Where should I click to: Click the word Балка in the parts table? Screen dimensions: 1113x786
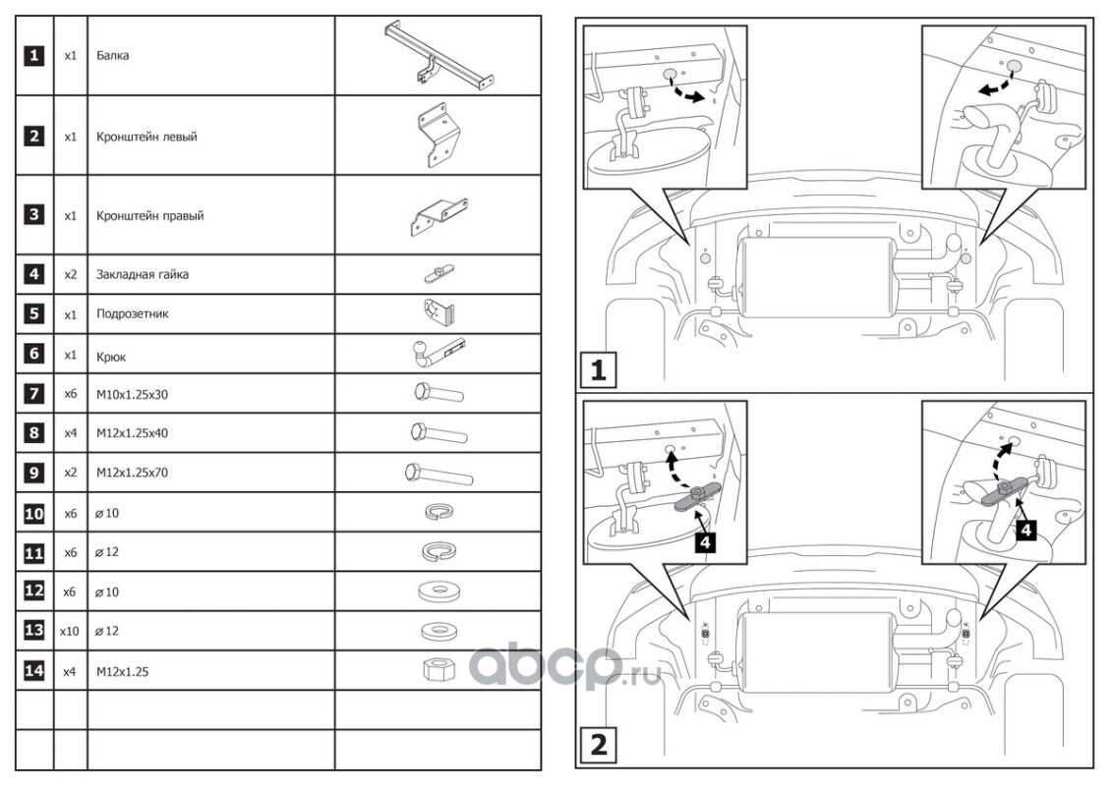coord(113,56)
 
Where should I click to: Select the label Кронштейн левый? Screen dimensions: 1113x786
coord(146,137)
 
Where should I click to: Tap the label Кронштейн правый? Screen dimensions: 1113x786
coord(150,216)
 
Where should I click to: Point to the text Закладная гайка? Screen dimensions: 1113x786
coord(143,275)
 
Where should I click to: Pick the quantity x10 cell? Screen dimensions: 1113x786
coord(69,631)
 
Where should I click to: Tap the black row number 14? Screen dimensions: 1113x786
coord(34,671)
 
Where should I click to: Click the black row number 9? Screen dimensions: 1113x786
coord(34,473)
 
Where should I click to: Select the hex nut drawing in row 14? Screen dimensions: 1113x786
coord(436,671)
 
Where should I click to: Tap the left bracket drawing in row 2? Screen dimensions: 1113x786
coord(436,136)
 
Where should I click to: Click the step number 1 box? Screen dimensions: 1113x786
coord(599,371)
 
